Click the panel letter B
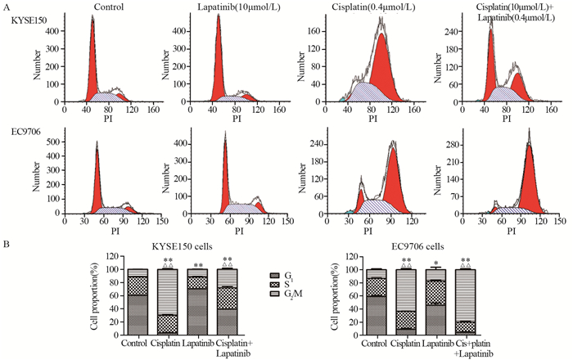point(7,242)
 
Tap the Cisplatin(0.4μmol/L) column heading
point(370,7)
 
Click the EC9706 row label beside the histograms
point(20,133)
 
